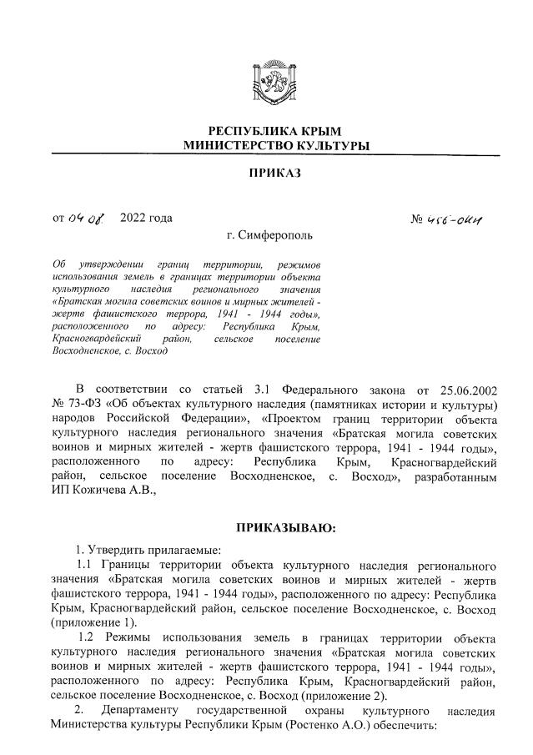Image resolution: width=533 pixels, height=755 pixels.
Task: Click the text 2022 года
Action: click(x=146, y=219)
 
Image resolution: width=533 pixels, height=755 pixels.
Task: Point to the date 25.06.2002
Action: click(x=461, y=390)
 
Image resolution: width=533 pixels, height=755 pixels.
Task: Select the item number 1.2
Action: click(x=90, y=638)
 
